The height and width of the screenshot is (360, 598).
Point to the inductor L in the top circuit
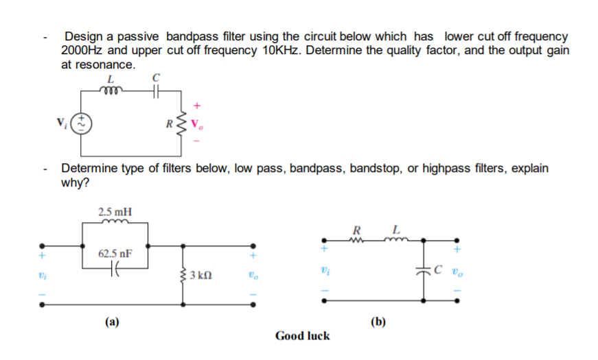(x=110, y=90)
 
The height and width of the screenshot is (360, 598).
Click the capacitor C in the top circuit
(x=156, y=90)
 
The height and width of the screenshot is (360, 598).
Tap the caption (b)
(x=378, y=321)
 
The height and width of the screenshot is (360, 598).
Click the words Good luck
(x=302, y=335)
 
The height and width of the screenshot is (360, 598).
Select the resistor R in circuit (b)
(x=356, y=239)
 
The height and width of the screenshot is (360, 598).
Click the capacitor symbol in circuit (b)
(x=424, y=269)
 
